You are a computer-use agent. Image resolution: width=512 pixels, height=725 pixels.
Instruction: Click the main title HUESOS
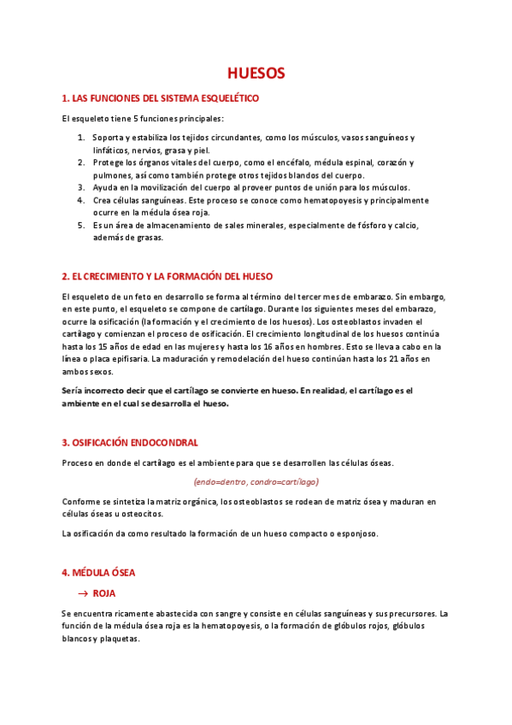pyautogui.click(x=256, y=74)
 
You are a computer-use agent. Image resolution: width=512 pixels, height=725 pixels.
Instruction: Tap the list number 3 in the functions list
pyautogui.click(x=81, y=187)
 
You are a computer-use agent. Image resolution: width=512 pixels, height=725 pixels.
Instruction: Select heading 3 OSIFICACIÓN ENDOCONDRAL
pyautogui.click(x=130, y=442)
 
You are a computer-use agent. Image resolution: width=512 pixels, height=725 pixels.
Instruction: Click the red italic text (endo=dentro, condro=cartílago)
pyautogui.click(x=256, y=481)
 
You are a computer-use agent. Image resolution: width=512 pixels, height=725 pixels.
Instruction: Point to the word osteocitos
pyautogui.click(x=137, y=514)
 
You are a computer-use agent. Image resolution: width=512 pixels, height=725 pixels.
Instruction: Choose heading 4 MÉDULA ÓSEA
pyautogui.click(x=98, y=572)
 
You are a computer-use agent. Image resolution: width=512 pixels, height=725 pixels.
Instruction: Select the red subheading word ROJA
pyautogui.click(x=104, y=592)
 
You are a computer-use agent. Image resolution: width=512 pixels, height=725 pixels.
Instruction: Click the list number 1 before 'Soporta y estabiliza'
pyautogui.click(x=81, y=138)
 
